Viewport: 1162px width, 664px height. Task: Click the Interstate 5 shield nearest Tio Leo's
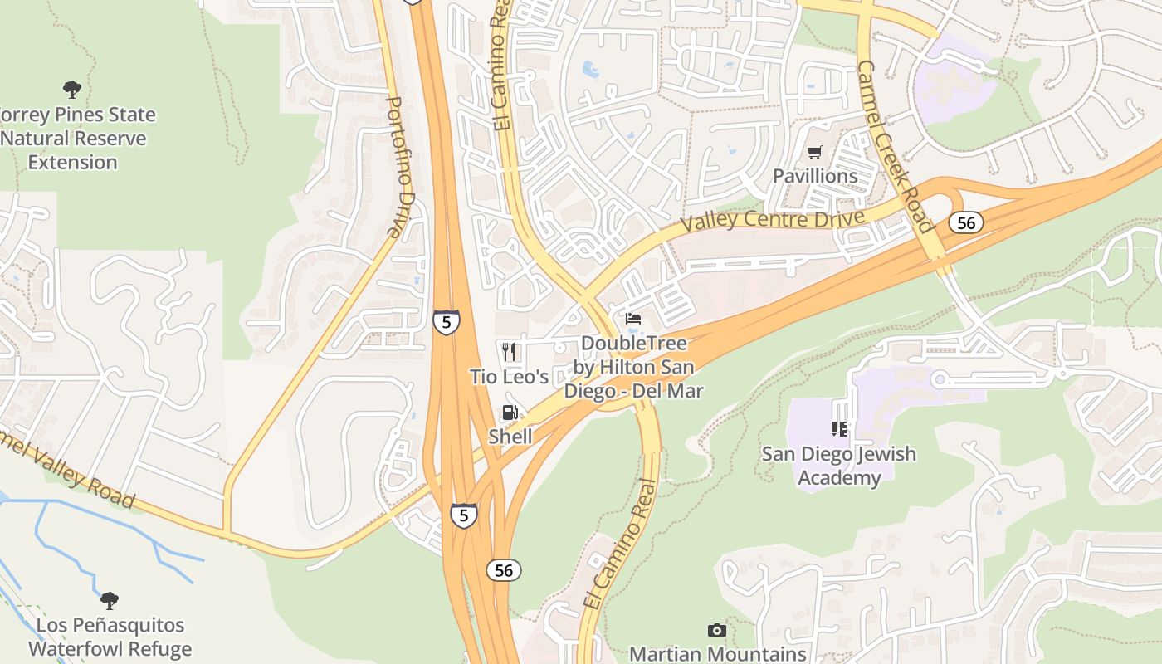447,321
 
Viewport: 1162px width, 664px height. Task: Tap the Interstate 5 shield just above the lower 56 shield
464,515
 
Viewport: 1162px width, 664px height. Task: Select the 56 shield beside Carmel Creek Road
966,222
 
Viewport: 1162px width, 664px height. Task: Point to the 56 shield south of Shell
503,569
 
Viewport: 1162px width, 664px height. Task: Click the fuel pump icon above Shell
510,413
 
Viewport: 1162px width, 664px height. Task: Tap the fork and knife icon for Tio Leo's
509,353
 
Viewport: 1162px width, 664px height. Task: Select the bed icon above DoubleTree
633,319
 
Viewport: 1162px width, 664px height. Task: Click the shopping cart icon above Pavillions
814,153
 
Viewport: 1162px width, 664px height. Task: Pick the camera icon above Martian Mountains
717,631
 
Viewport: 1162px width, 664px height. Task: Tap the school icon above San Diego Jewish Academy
839,429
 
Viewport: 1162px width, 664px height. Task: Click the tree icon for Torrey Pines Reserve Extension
72,90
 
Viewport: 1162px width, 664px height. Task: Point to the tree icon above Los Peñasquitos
109,601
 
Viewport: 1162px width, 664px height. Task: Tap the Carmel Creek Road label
895,146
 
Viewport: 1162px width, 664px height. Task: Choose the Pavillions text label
815,176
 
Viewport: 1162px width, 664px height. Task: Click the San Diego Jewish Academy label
838,466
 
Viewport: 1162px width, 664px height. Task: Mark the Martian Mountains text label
717,654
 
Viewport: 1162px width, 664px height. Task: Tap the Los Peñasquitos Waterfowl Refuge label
110,637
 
